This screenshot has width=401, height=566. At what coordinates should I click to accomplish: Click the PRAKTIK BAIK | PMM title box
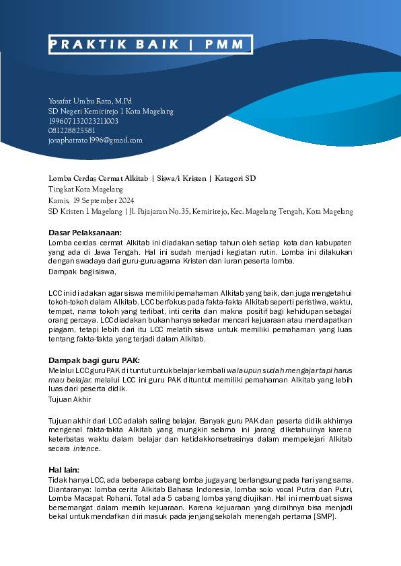click(151, 44)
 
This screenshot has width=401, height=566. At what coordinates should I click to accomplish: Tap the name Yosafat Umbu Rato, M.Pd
click(90, 100)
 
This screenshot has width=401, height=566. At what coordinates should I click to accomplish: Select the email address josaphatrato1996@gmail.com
click(96, 140)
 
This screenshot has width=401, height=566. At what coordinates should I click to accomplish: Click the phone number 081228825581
click(72, 130)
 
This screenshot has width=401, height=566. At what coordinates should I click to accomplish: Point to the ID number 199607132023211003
click(83, 120)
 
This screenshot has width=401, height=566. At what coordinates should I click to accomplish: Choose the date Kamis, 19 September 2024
click(92, 200)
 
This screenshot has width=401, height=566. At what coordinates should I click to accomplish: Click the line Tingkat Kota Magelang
click(81, 190)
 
